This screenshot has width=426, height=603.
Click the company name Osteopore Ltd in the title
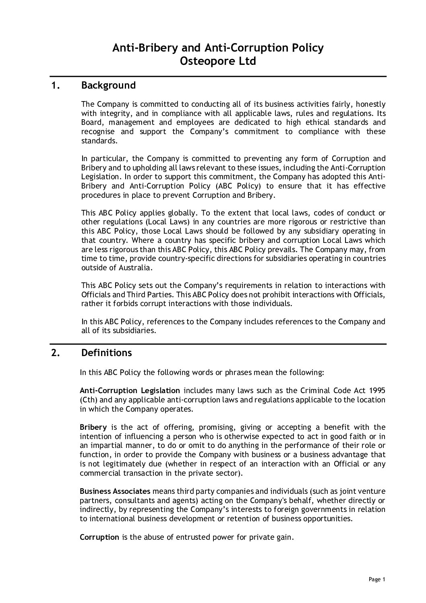pos(217,62)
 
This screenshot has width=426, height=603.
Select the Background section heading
pos(108,85)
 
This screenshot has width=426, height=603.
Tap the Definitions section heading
pos(106,353)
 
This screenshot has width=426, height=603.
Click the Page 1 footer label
pos(377,580)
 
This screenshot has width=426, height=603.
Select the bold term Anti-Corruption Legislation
pos(130,390)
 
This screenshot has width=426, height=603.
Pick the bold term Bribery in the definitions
pos(93,427)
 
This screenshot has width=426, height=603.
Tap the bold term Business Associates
pos(115,491)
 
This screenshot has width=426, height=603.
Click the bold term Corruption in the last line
pos(99,537)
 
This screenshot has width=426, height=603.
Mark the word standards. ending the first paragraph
pos(100,141)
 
